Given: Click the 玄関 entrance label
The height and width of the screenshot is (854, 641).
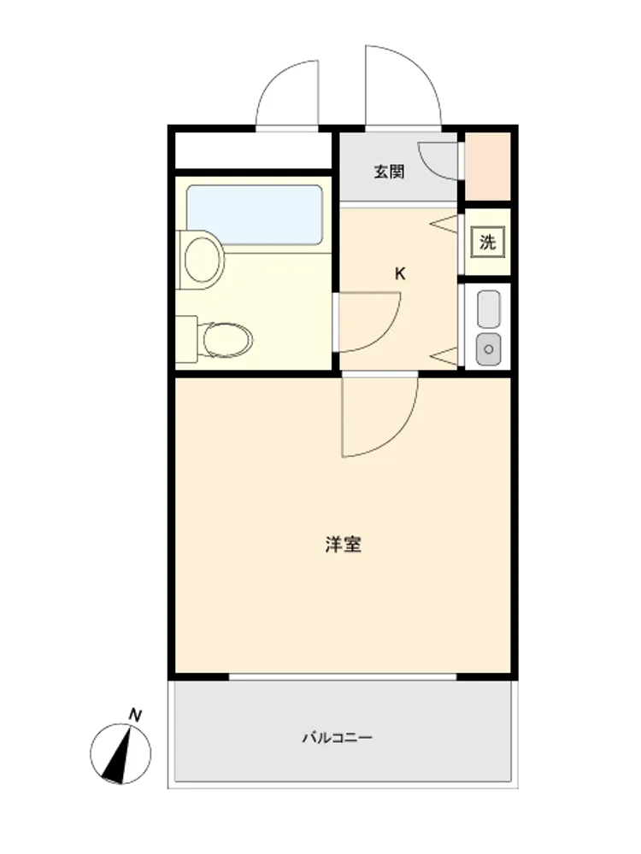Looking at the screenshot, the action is (389, 173).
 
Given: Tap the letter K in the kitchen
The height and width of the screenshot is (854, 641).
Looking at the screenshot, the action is (400, 274).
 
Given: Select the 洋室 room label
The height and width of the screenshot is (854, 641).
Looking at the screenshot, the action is (344, 545).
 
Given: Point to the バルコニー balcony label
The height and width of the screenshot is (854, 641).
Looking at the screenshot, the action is (338, 738).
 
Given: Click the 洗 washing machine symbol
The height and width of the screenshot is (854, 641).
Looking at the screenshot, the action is (488, 242).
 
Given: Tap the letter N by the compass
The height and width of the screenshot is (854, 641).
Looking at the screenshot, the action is (135, 715).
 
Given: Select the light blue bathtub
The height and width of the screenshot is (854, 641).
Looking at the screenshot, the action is (255, 215).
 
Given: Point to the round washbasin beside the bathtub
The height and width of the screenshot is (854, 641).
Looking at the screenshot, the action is (202, 260).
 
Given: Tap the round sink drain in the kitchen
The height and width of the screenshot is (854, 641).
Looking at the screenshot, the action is (488, 349).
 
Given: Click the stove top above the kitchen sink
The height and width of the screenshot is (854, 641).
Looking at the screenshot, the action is (488, 309).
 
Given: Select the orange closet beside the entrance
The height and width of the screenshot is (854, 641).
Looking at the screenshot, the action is (488, 167).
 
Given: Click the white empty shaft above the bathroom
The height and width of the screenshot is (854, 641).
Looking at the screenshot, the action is (253, 150).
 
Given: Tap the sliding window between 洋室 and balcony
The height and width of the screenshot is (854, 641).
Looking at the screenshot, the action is (343, 676).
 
